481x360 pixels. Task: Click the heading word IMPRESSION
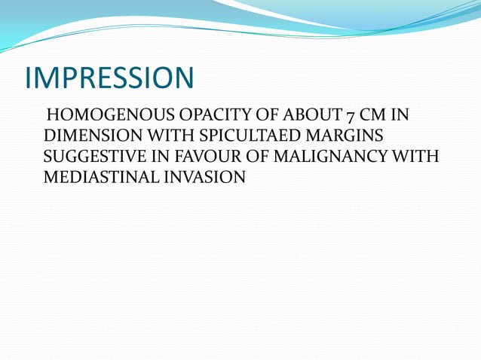pyautogui.click(x=109, y=78)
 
